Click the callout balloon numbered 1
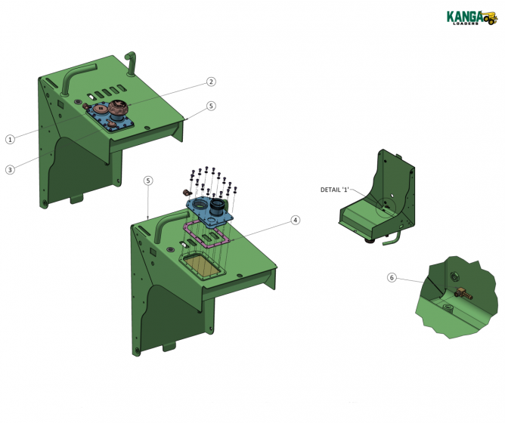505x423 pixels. [x=10, y=140]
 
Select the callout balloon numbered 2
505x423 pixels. [x=212, y=82]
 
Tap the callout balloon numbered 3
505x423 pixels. [x=10, y=170]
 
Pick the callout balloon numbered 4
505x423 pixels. [x=296, y=221]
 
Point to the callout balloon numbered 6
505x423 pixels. [x=392, y=278]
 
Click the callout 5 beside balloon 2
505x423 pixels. [x=212, y=107]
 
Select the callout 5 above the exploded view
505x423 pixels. [x=148, y=181]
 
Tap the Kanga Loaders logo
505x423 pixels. [x=471, y=17]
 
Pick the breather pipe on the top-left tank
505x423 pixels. [x=130, y=63]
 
